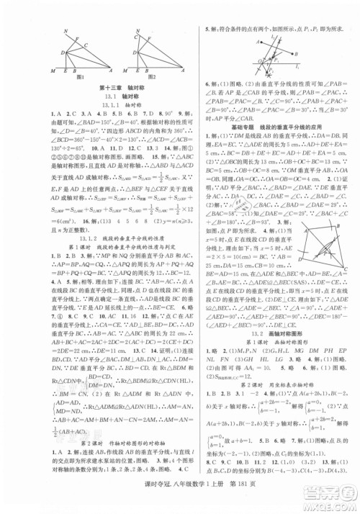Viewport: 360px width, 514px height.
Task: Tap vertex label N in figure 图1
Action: click(66, 32)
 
